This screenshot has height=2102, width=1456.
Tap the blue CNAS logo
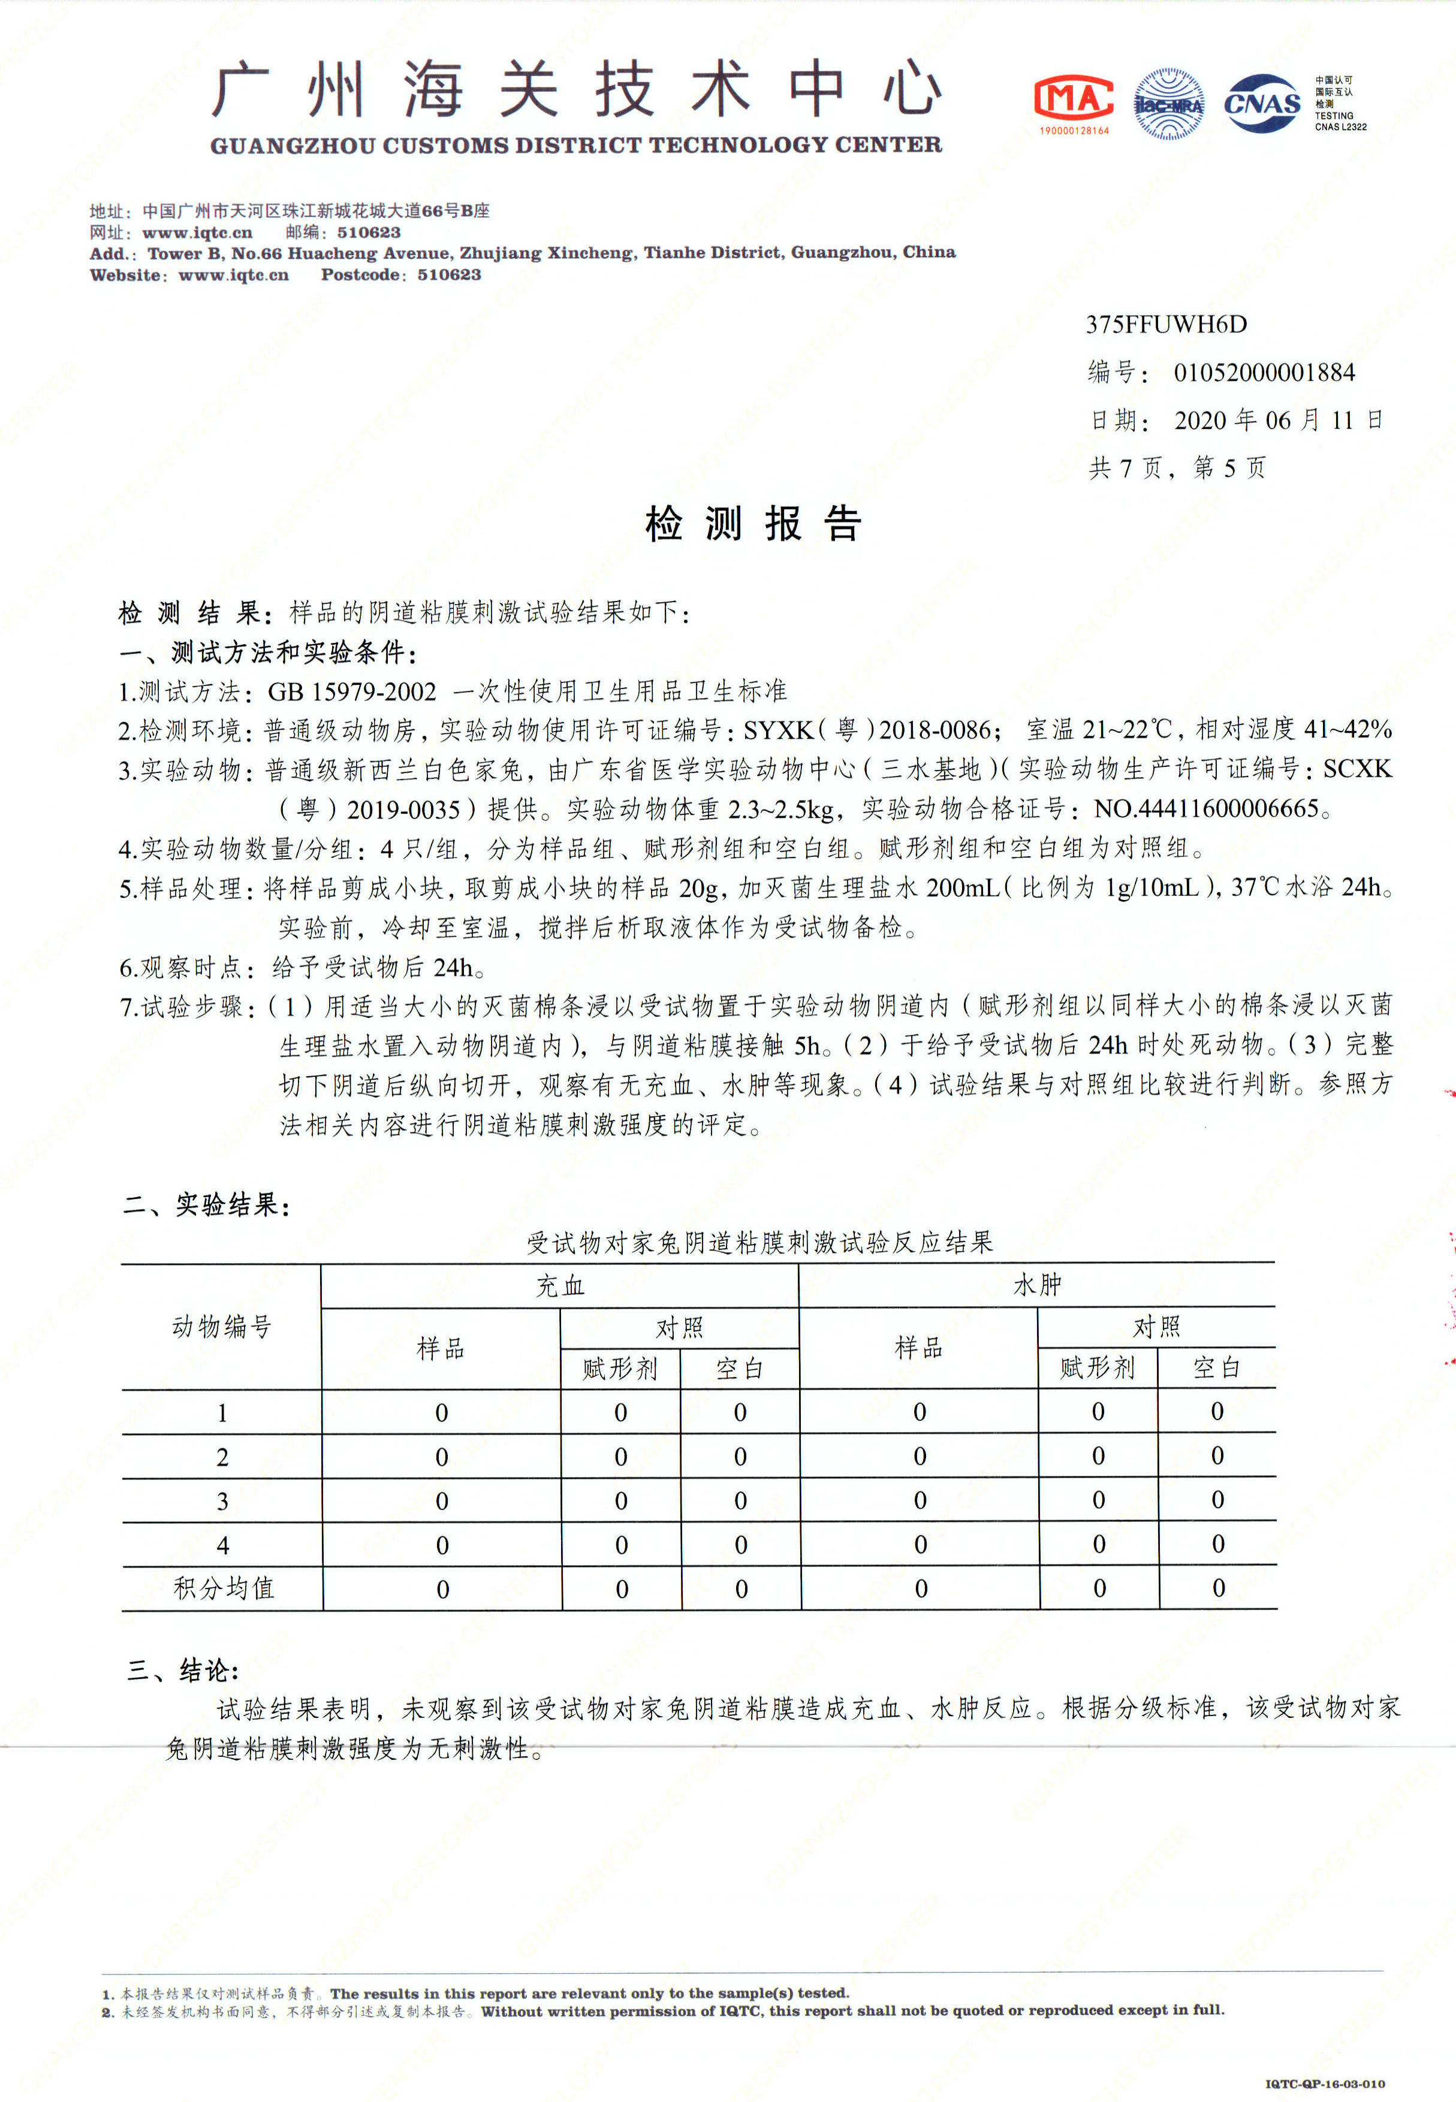pos(1262,104)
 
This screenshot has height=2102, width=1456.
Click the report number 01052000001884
pos(1264,372)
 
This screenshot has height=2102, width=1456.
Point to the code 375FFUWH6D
pos(1166,325)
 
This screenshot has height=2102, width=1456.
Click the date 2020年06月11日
pos(1277,421)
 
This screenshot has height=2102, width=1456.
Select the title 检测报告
pos(753,524)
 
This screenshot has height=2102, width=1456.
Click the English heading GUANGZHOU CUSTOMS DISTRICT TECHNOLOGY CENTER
pos(575,145)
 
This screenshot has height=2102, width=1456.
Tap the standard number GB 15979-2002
pos(352,691)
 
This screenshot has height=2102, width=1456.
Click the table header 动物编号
pos(222,1327)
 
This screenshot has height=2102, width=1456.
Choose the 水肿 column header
pos(1037,1285)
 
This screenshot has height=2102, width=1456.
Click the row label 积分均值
pos(224,1588)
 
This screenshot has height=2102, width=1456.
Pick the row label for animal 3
pos(222,1501)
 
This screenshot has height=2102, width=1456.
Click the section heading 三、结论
pos(182,1670)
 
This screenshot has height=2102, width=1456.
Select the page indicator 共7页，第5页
pos(1177,468)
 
